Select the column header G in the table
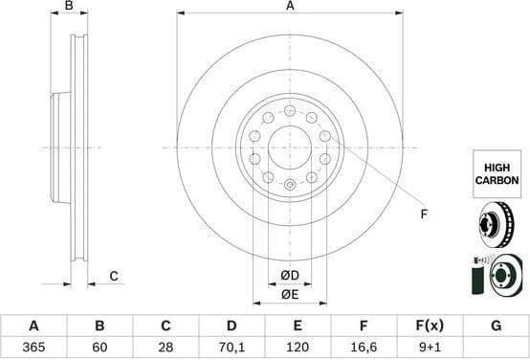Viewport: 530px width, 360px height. pos(496,326)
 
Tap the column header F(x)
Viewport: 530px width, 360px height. pos(430,326)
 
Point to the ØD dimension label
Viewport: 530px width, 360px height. pos(290,277)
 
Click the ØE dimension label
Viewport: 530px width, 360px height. pos(290,295)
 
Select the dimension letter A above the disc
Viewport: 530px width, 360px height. pos(290,7)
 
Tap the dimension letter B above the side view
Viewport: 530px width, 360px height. pos(69,7)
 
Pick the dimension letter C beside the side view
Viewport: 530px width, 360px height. pos(113,277)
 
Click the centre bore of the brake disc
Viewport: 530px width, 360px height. pos(290,146)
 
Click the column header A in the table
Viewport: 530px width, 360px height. pos(33,326)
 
